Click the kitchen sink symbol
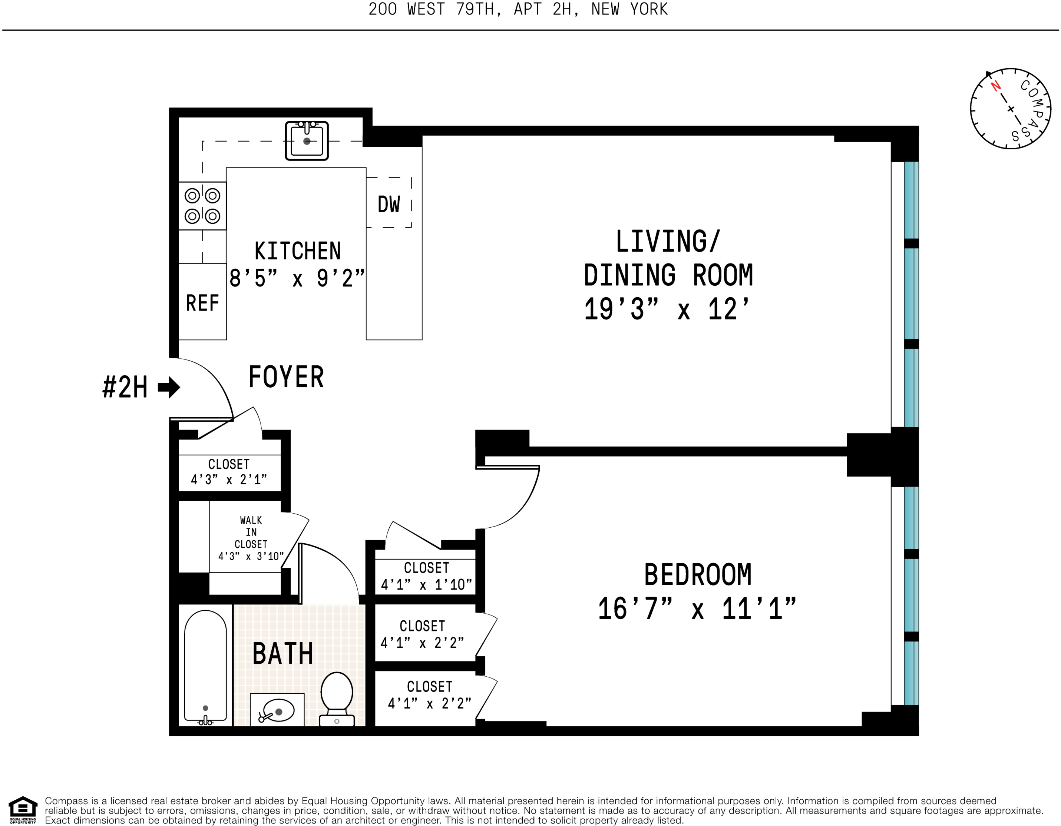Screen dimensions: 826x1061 click(307, 141)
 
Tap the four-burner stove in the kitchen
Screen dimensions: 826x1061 click(202, 206)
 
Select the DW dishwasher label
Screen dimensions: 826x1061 click(389, 205)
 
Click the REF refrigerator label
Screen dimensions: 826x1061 click(202, 303)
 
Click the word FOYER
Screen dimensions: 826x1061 click(286, 377)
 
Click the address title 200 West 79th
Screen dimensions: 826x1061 click(518, 9)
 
